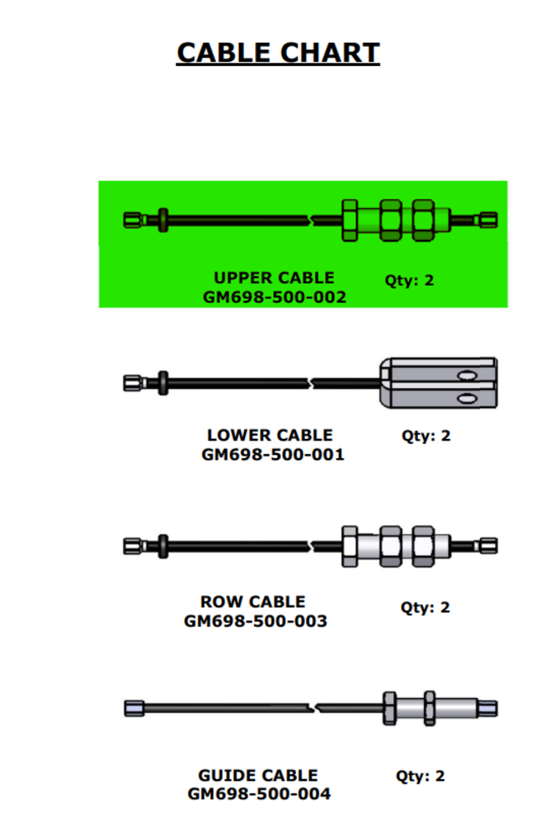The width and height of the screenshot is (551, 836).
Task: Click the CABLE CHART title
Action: (278, 53)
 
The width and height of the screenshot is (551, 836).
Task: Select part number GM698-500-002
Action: (274, 297)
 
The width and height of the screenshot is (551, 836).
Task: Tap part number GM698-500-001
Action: (273, 454)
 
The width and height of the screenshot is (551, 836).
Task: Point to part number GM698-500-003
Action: (256, 620)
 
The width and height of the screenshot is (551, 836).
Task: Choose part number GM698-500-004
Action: (258, 793)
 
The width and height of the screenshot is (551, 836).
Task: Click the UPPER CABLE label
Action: (274, 278)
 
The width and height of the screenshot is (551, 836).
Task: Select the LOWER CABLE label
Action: (270, 435)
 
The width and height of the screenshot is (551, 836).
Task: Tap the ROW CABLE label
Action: (253, 601)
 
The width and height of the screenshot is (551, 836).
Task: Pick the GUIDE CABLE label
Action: (258, 775)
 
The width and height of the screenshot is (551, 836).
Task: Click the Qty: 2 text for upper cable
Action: (409, 280)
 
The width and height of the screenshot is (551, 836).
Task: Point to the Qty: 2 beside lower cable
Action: (426, 436)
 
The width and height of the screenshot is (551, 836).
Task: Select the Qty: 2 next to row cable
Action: (425, 607)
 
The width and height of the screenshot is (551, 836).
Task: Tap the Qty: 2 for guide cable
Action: (420, 776)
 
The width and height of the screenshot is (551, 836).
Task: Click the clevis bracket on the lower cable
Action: (438, 384)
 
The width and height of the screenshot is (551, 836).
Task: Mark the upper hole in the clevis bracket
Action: (467, 375)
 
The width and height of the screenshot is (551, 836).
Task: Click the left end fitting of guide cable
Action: (135, 708)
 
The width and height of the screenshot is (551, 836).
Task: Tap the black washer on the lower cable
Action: (163, 383)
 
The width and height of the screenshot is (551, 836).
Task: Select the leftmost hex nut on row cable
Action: (349, 547)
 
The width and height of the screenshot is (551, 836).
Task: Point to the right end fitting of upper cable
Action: (488, 220)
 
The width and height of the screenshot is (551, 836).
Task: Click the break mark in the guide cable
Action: (313, 708)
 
